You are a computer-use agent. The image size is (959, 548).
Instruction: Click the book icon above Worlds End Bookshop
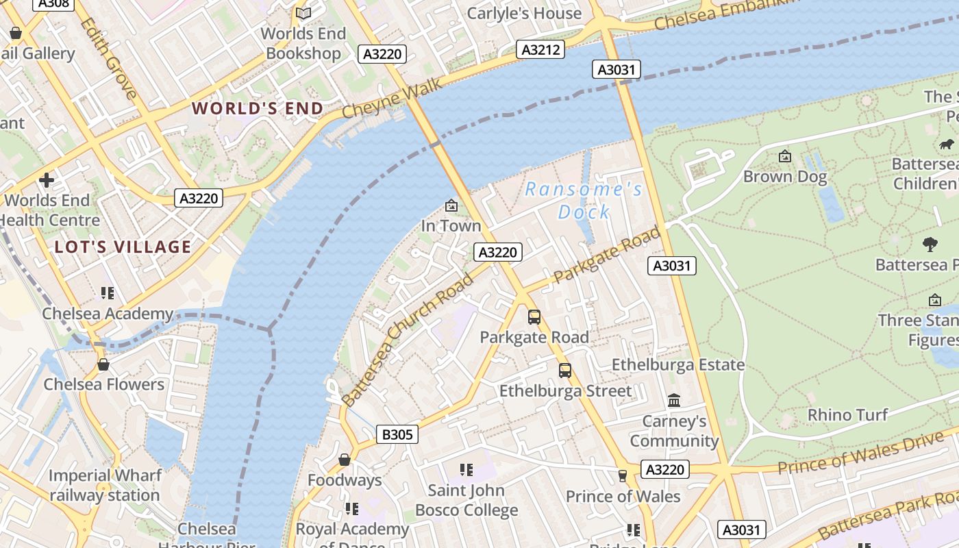click(303, 13)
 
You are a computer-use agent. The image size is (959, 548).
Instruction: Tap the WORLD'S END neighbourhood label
click(258, 108)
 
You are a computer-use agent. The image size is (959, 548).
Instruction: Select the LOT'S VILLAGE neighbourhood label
click(123, 247)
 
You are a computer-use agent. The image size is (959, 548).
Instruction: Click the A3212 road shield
click(540, 49)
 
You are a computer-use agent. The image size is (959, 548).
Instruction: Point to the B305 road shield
click(397, 434)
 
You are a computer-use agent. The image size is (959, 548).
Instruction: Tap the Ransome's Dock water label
click(584, 200)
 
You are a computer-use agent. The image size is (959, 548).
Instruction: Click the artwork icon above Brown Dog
click(785, 157)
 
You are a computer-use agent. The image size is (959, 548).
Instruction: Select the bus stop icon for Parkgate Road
click(534, 317)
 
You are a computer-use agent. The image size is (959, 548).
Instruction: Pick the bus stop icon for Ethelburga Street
click(565, 371)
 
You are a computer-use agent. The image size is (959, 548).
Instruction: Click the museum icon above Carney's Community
click(674, 400)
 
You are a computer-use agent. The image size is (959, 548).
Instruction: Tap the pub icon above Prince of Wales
click(623, 475)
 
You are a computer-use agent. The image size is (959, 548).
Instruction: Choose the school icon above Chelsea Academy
click(108, 293)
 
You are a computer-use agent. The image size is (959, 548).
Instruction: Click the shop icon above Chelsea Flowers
click(103, 364)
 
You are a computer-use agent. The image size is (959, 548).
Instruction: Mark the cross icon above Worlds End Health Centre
click(47, 180)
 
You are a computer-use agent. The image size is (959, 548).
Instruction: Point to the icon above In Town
click(451, 206)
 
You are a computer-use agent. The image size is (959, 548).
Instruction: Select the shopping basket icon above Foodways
click(345, 459)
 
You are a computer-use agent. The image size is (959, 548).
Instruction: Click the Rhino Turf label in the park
click(847, 414)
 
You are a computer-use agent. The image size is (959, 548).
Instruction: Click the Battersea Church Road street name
click(408, 338)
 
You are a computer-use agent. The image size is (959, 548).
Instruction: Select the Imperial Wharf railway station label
click(105, 485)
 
